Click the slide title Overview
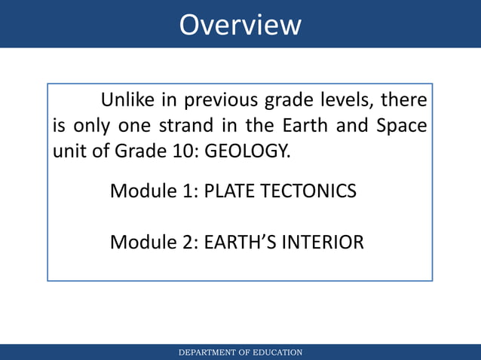(240, 24)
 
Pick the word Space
(401, 125)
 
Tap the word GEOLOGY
(247, 151)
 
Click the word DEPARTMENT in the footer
(205, 352)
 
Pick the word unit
(66, 151)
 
